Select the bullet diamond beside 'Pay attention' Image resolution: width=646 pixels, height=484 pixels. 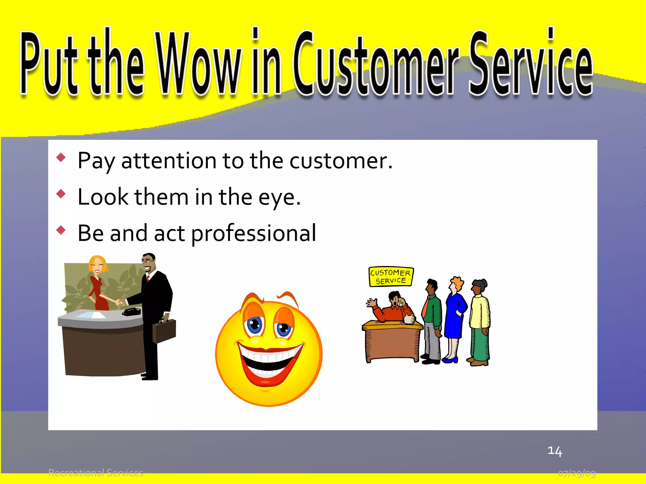(x=61, y=157)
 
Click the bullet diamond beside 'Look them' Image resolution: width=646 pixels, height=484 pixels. (x=61, y=193)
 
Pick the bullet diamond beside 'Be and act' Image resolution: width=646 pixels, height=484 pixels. (x=61, y=230)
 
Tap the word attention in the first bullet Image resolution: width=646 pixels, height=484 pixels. (x=169, y=161)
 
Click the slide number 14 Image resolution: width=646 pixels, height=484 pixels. (x=555, y=451)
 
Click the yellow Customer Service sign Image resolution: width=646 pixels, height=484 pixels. (x=391, y=277)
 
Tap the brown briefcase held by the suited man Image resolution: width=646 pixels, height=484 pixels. (x=164, y=331)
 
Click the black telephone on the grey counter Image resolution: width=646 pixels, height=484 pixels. (x=132, y=312)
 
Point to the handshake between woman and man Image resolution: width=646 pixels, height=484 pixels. (x=120, y=302)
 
